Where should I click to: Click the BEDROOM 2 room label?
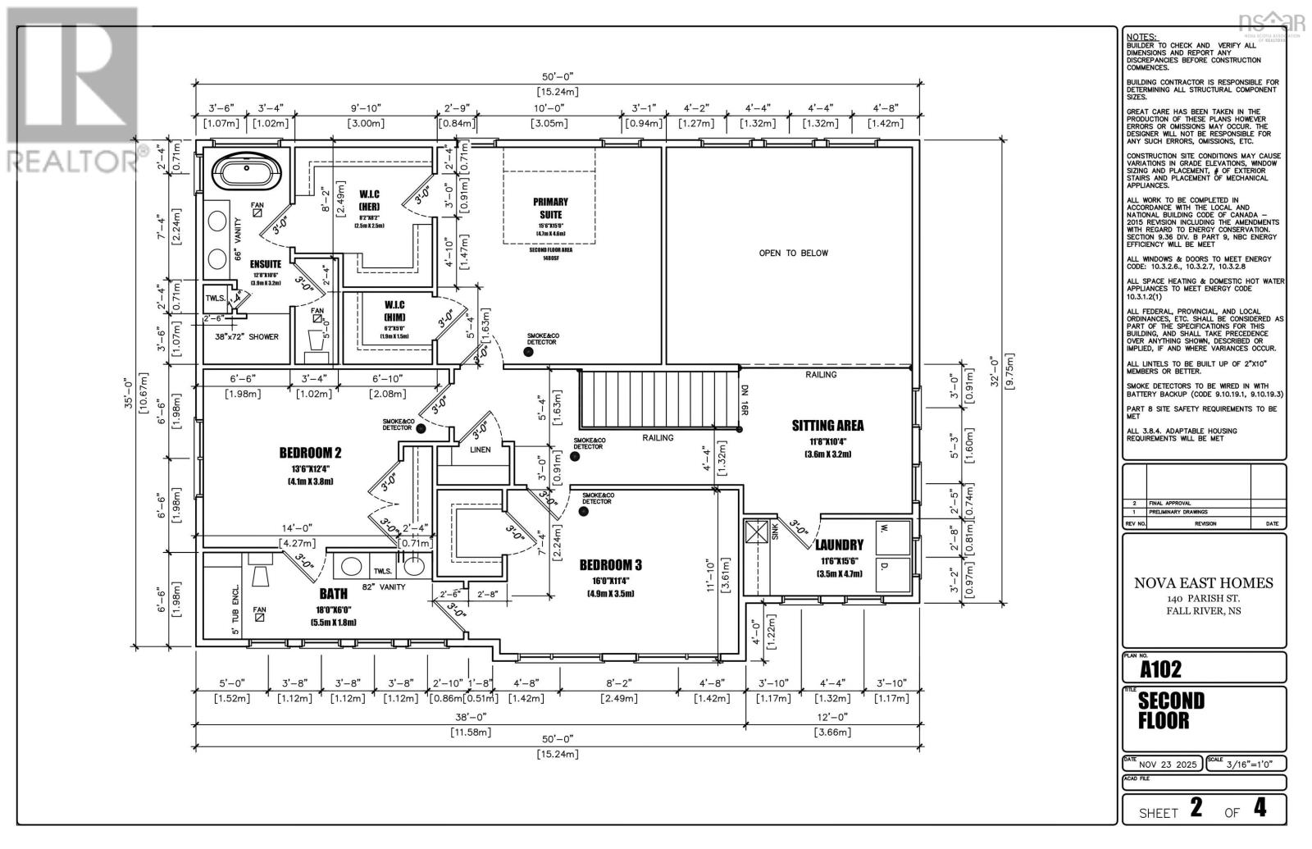(x=310, y=453)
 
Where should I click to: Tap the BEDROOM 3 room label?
(x=610, y=564)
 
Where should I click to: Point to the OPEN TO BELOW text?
(x=793, y=253)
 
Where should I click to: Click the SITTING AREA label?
(x=827, y=426)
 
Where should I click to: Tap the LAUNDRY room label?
(x=839, y=545)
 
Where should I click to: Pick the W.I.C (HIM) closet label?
(x=394, y=311)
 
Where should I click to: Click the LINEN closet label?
(x=480, y=450)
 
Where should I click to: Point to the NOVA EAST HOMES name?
(x=1203, y=583)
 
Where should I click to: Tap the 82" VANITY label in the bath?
(x=385, y=587)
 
